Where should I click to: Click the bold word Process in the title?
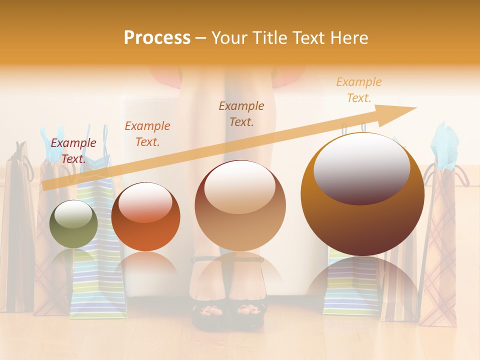point(157,38)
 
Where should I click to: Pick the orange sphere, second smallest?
point(145,216)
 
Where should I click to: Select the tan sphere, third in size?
point(240,205)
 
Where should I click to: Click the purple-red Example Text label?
point(73,150)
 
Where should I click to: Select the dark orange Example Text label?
point(147,133)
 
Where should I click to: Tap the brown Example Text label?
point(241,113)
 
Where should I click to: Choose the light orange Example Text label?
point(358,90)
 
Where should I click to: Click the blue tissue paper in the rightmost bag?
point(445,145)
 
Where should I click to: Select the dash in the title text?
point(200,38)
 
